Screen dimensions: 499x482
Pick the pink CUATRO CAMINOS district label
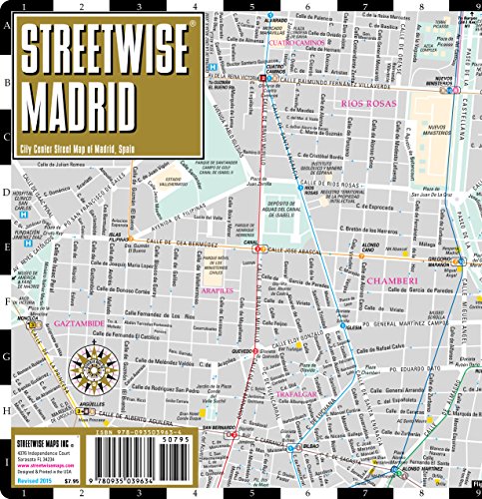pyautogui.click(x=295, y=43)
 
